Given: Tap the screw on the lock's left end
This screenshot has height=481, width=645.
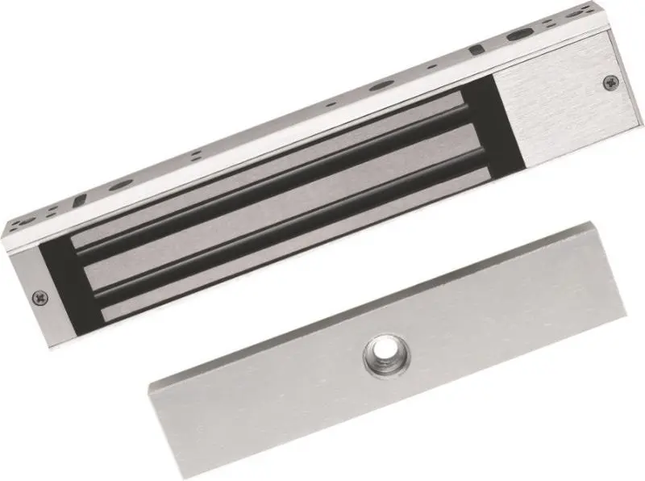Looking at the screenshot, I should pyautogui.click(x=41, y=298).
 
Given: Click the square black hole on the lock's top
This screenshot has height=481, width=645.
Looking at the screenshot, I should pyautogui.click(x=476, y=50).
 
